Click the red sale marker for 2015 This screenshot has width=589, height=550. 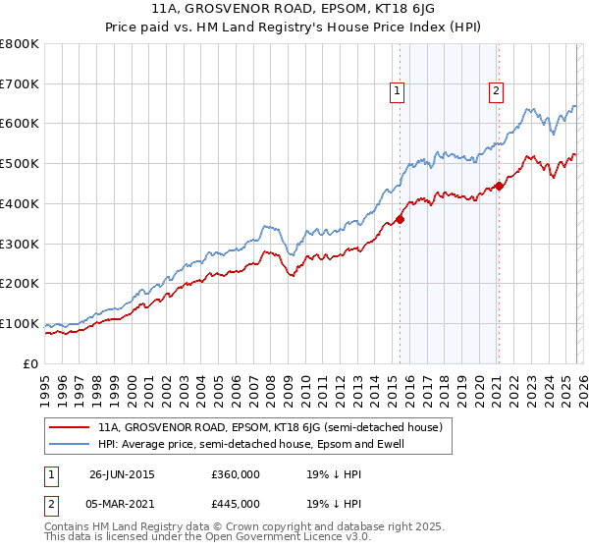tap(401, 219)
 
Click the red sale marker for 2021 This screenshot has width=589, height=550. tap(499, 185)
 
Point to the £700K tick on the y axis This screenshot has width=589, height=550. tap(20, 83)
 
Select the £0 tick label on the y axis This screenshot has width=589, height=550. tap(30, 363)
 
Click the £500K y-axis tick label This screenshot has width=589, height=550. tap(20, 164)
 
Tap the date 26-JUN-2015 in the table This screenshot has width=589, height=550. tap(122, 474)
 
